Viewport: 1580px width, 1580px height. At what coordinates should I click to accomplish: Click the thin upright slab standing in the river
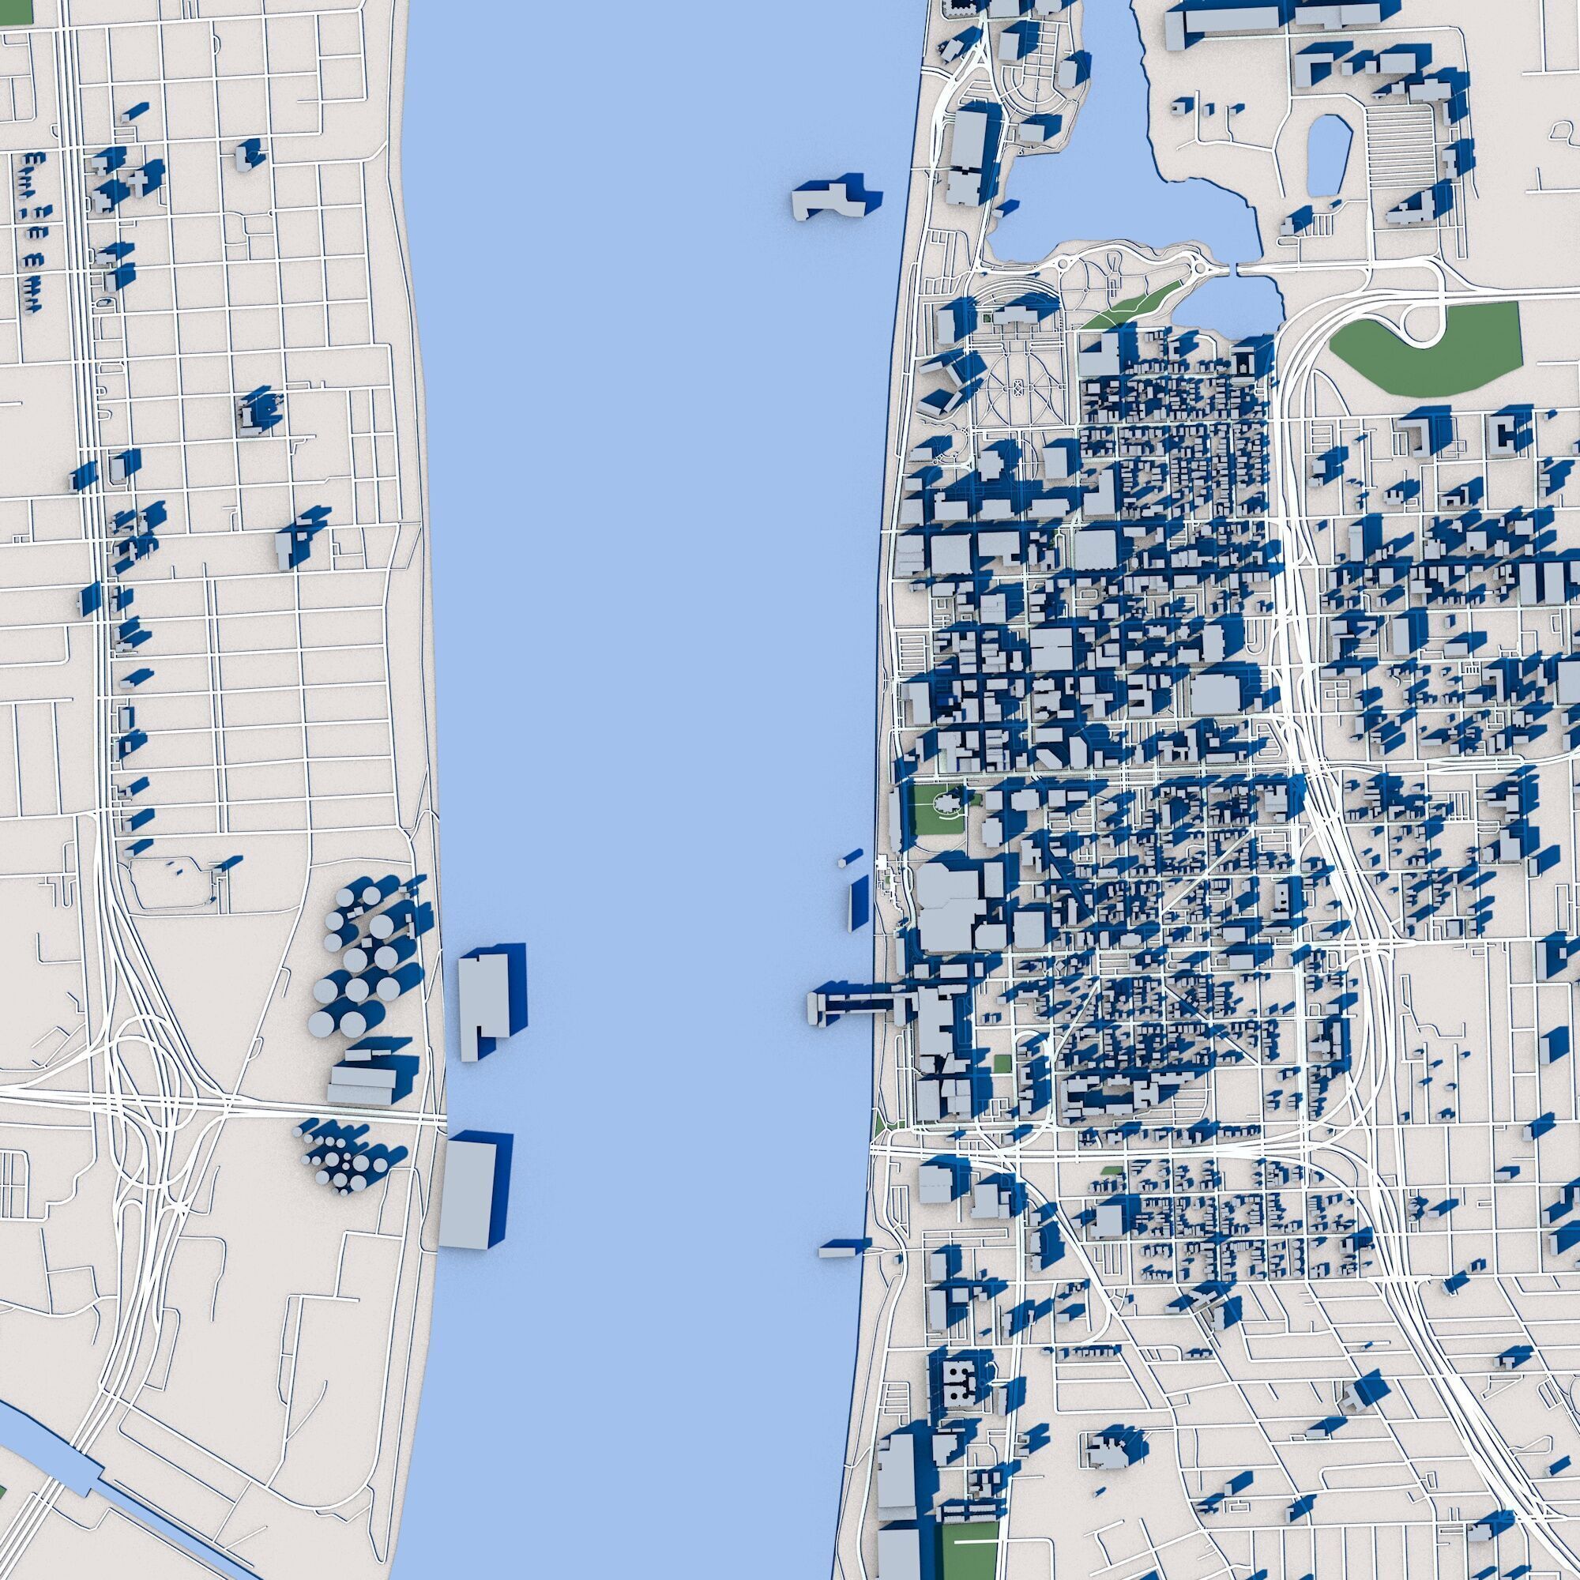pos(858,901)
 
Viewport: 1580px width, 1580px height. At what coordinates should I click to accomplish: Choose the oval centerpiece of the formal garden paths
pos(1018,386)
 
